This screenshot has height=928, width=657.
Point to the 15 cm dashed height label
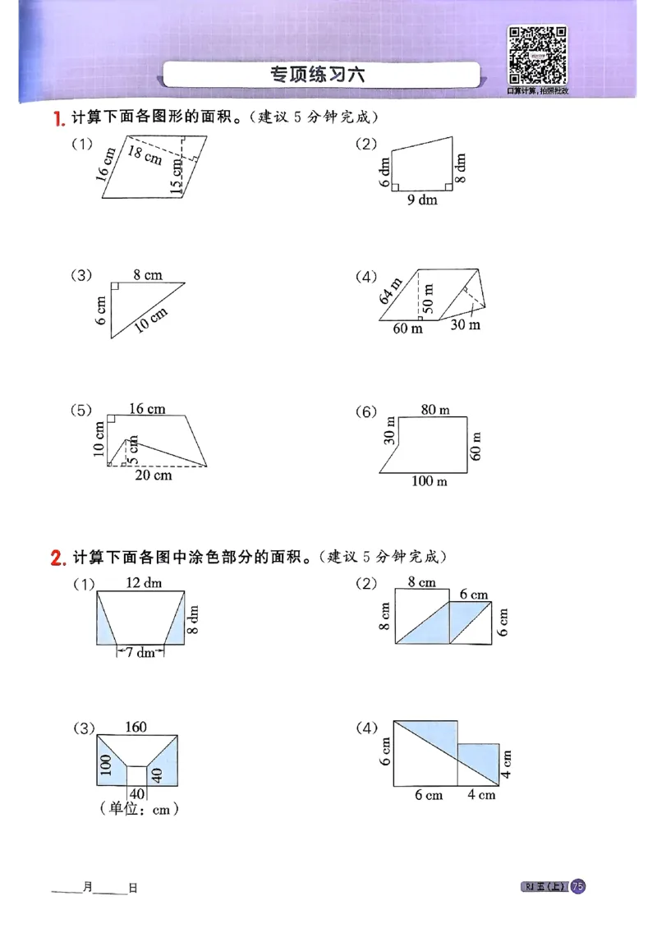click(x=177, y=175)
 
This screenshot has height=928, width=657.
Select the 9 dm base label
click(x=422, y=200)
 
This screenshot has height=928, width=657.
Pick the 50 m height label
click(x=429, y=296)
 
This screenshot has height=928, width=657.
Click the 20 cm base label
click(x=153, y=475)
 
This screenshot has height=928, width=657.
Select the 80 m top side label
click(x=434, y=409)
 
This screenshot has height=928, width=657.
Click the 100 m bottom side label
click(x=429, y=481)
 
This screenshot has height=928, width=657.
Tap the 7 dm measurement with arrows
click(x=140, y=652)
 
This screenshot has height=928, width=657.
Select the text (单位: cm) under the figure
click(x=139, y=809)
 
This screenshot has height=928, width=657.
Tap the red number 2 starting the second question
click(x=57, y=558)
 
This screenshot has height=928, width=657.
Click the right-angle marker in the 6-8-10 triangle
click(x=114, y=287)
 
